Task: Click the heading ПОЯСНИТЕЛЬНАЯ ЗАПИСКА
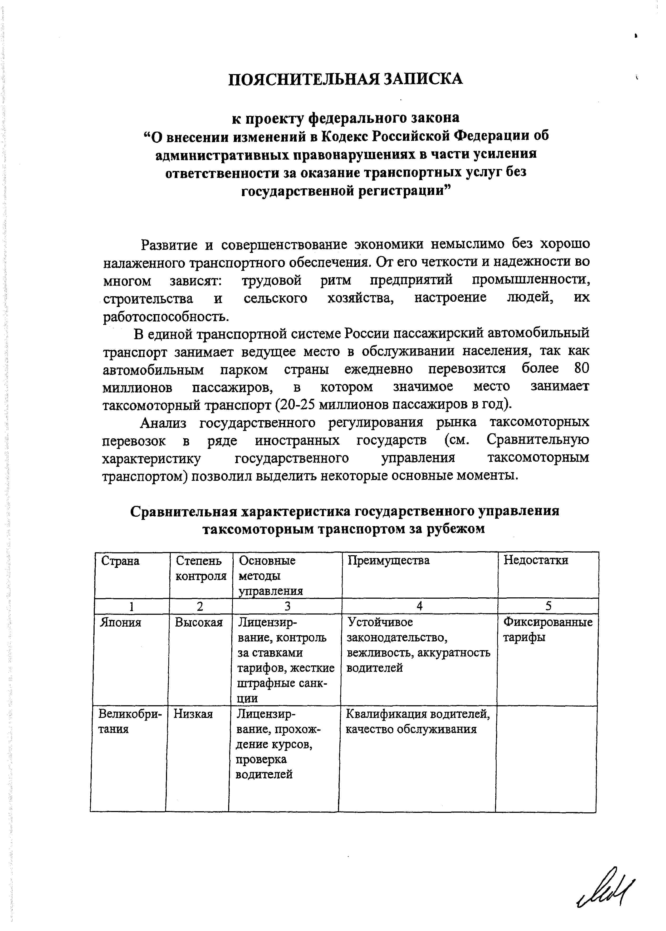(x=345, y=79)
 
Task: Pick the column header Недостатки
(x=536, y=560)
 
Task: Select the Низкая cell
(x=193, y=714)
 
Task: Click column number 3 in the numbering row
(x=287, y=606)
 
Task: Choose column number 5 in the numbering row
(x=548, y=606)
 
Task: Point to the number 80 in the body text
(x=581, y=369)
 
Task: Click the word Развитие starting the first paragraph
(x=169, y=245)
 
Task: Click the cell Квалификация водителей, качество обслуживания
(x=418, y=722)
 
